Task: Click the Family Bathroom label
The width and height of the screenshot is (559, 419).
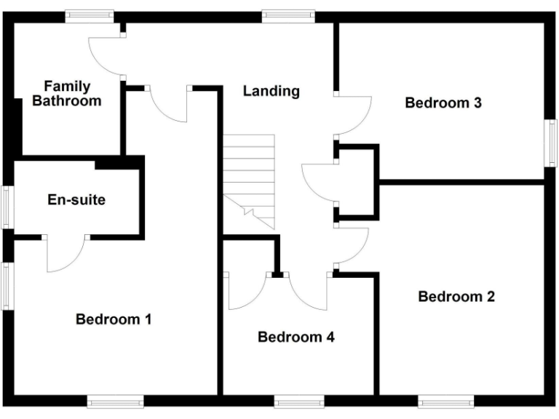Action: click(x=66, y=94)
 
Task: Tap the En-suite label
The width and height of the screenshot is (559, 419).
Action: click(x=76, y=199)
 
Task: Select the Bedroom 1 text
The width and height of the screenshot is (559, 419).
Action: click(x=114, y=319)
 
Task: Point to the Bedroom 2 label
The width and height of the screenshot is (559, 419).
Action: click(x=456, y=296)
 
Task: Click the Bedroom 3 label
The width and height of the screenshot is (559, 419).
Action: click(x=443, y=103)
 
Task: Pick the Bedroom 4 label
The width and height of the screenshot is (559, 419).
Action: click(x=296, y=337)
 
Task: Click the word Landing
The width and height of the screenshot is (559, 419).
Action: click(x=271, y=91)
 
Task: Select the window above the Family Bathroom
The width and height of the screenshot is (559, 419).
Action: click(x=89, y=14)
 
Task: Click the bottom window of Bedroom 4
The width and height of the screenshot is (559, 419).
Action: click(x=299, y=401)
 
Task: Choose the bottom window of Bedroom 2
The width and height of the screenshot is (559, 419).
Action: click(x=446, y=401)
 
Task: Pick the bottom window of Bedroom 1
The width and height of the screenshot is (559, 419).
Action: click(x=116, y=401)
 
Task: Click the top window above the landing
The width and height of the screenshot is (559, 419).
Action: click(x=288, y=14)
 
